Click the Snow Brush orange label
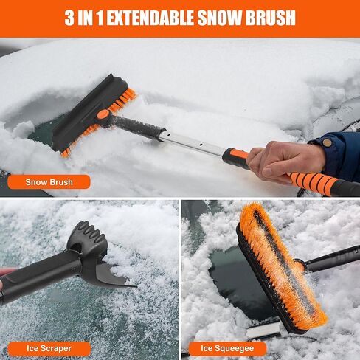(48, 181)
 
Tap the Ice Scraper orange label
(48, 348)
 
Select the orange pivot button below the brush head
(103, 115)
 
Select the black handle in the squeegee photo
(332, 258)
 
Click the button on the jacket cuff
(326, 142)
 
